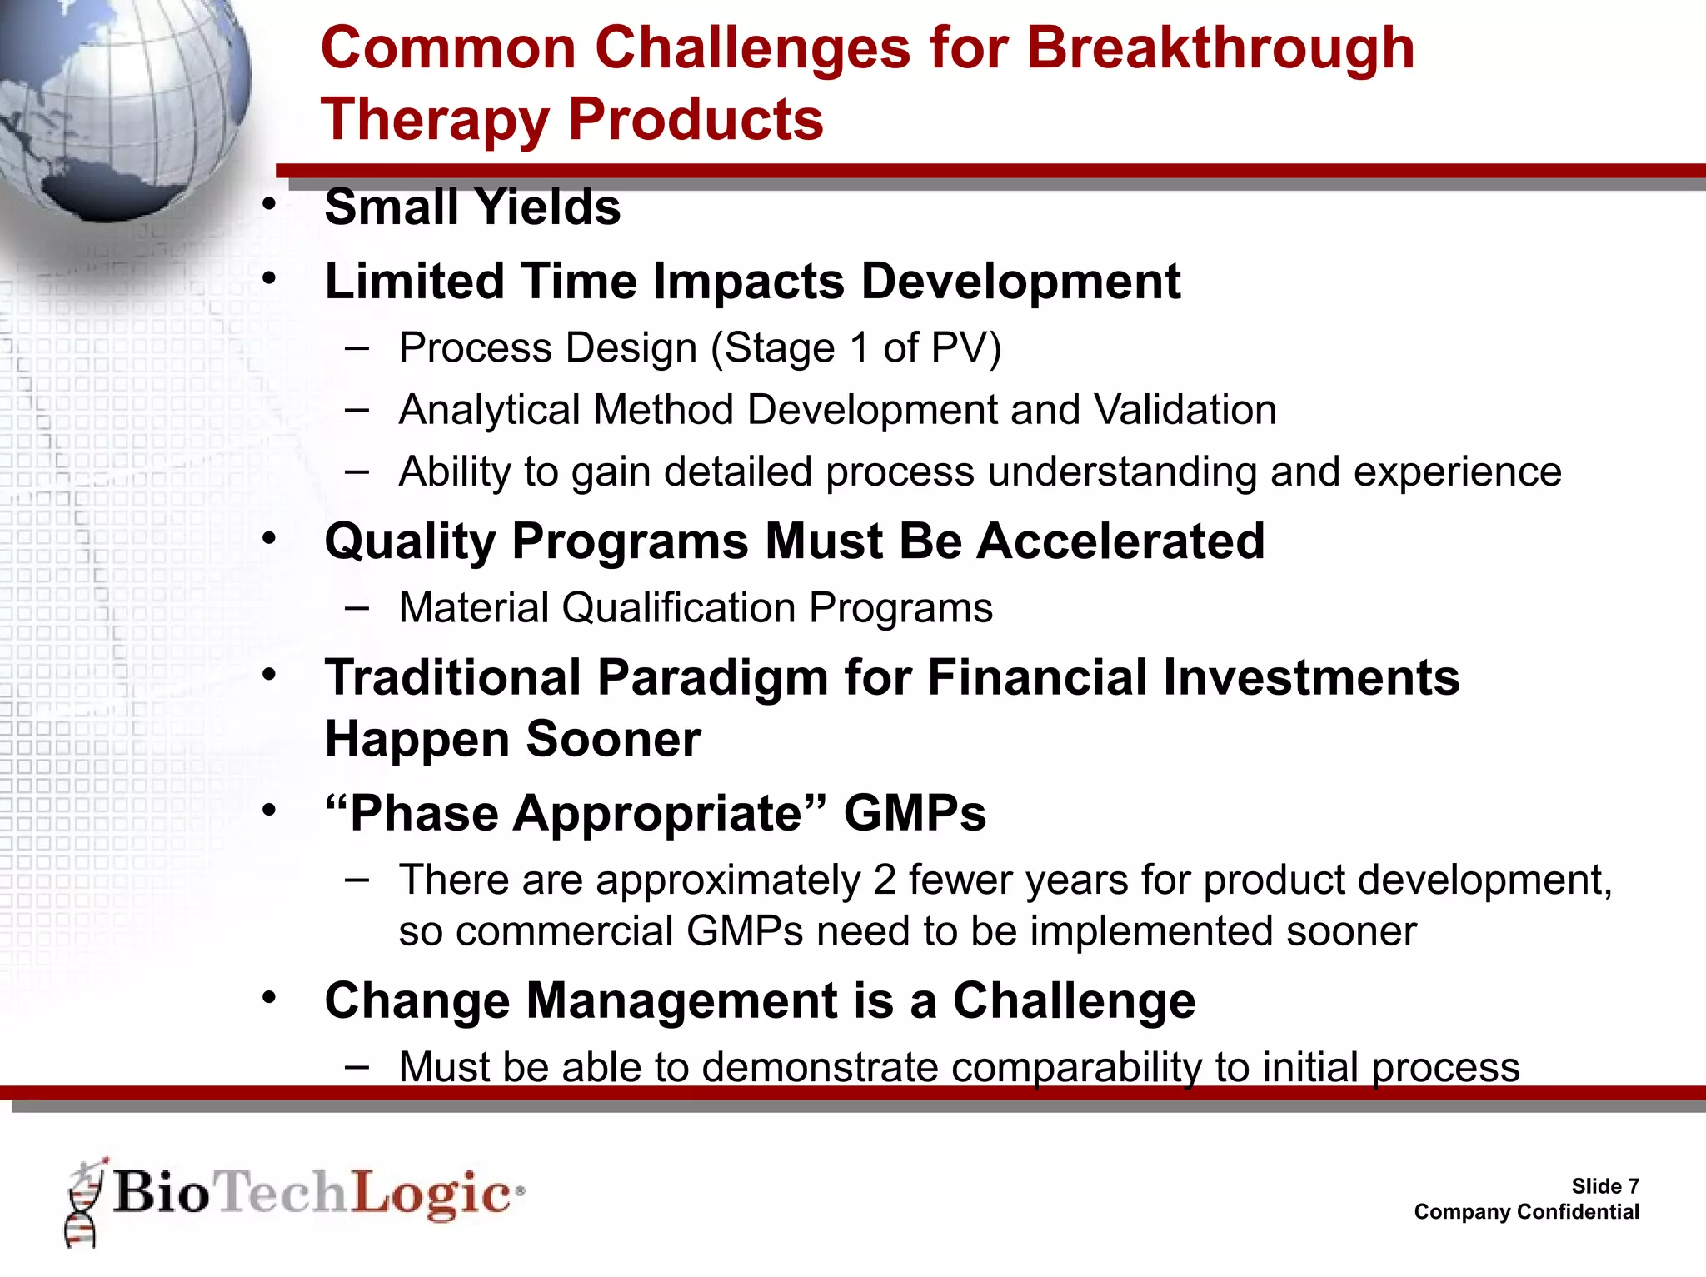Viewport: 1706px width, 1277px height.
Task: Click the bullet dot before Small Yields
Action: coord(268,205)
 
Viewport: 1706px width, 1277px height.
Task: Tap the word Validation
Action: coord(1185,410)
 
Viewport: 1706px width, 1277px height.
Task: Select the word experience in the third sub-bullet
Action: coord(1457,472)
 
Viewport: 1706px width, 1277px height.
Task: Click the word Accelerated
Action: coord(1120,541)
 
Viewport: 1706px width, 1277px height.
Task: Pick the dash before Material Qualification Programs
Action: coord(357,607)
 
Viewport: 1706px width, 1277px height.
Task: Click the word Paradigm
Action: coord(712,676)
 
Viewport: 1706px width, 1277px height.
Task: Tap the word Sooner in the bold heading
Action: coord(613,739)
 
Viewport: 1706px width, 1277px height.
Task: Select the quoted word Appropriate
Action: coord(658,813)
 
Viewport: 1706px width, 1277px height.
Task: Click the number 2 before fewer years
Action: coord(885,880)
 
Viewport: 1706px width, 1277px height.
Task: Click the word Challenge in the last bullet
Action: coord(1074,1000)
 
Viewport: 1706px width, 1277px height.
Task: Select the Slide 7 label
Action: coord(1604,1185)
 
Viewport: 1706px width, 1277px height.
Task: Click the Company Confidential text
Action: coord(1526,1211)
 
